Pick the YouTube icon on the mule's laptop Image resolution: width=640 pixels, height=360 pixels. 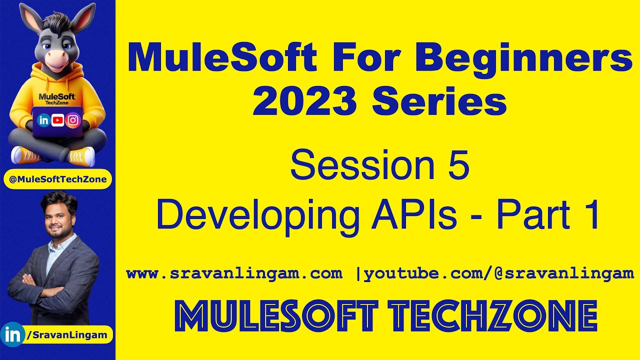coord(58,120)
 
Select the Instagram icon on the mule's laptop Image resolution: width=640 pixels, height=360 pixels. coord(73,120)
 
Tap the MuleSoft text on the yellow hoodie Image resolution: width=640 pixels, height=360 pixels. coord(57,96)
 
